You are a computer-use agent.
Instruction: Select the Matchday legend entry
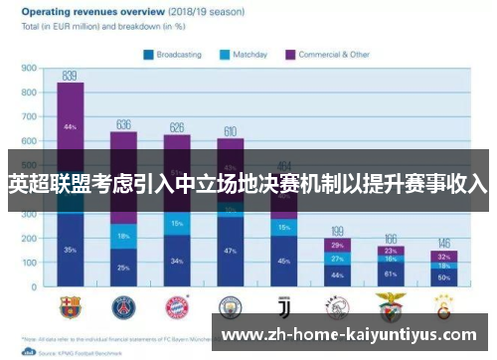tap(248, 54)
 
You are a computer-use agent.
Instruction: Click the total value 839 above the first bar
tap(70, 75)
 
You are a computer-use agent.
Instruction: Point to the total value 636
tap(124, 124)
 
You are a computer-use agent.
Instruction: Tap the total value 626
tap(177, 127)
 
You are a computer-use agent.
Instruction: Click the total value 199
tap(337, 231)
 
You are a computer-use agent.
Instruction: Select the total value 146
tap(443, 243)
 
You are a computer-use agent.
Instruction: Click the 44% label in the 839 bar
tap(70, 127)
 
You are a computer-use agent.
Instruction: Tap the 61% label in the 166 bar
tap(391, 272)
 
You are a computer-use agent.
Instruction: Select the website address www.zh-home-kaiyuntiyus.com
tap(353, 336)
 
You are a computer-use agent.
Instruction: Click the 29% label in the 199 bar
tap(337, 245)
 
